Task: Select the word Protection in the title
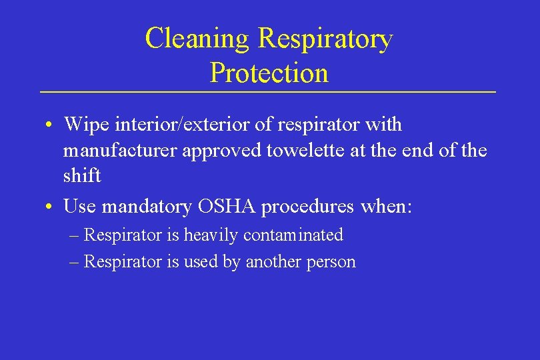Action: pyautogui.click(x=269, y=73)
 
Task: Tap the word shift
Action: pyautogui.click(x=81, y=175)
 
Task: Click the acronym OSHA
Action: pyautogui.click(x=227, y=207)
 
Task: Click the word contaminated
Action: pyautogui.click(x=293, y=235)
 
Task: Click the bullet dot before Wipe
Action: pyautogui.click(x=51, y=125)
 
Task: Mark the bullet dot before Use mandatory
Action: pyautogui.click(x=51, y=207)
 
